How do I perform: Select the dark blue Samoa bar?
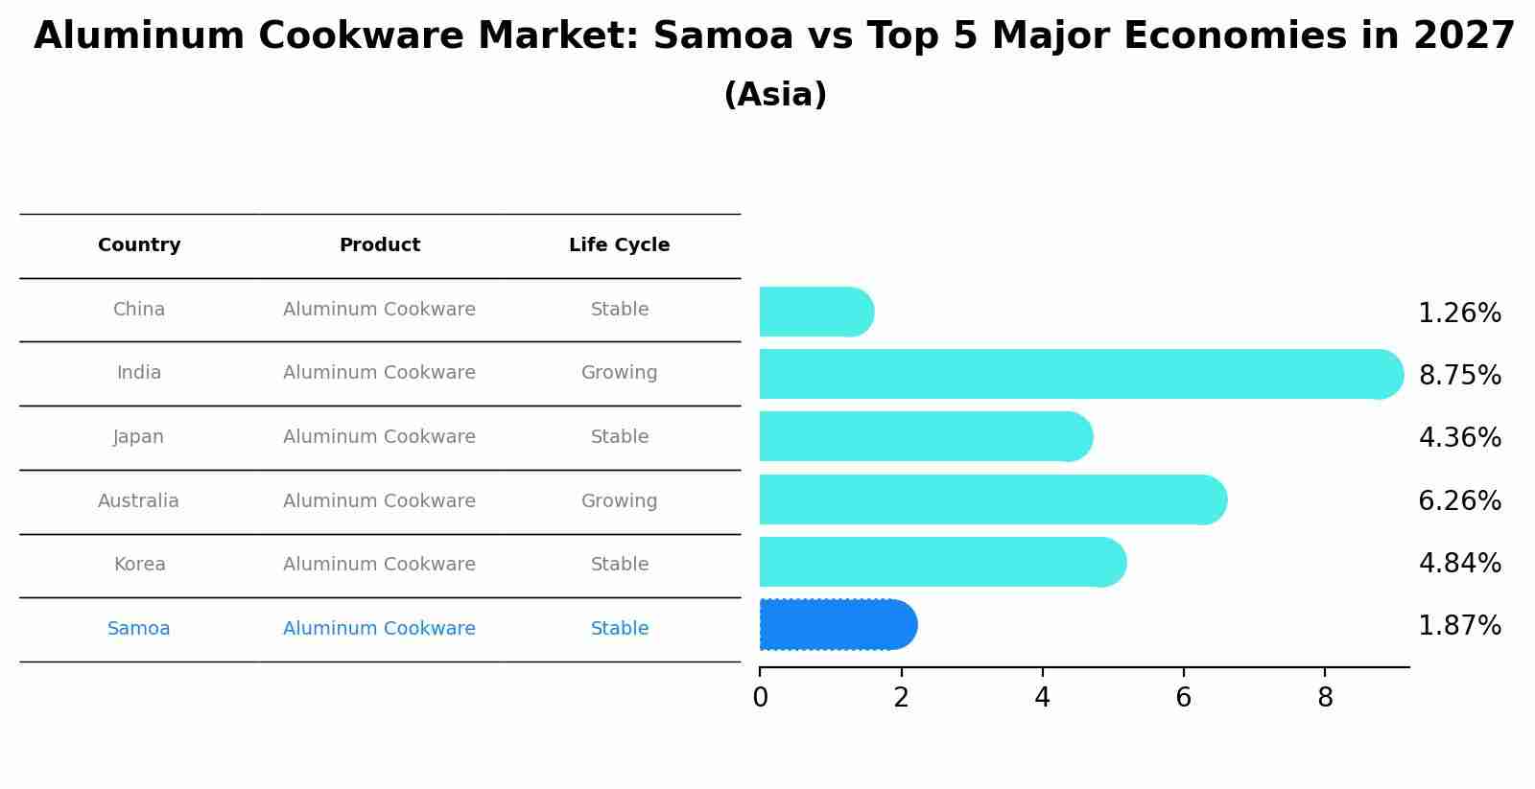click(x=837, y=625)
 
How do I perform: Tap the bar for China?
click(x=815, y=312)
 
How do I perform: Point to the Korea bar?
click(x=941, y=562)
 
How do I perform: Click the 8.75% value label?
click(x=1459, y=376)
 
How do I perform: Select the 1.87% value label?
click(x=1459, y=626)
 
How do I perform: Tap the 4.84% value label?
click(x=1459, y=564)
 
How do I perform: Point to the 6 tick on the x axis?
click(x=1184, y=698)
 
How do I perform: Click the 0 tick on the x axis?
click(x=760, y=698)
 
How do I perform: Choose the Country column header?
click(x=139, y=245)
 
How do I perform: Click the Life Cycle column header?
click(x=619, y=245)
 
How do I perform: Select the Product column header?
click(x=380, y=245)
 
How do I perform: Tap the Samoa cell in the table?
click(x=139, y=629)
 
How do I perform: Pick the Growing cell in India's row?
click(x=619, y=373)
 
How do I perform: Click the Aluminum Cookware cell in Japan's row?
click(x=379, y=437)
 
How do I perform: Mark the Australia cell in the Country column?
click(x=138, y=501)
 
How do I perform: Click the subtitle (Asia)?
click(x=775, y=95)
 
